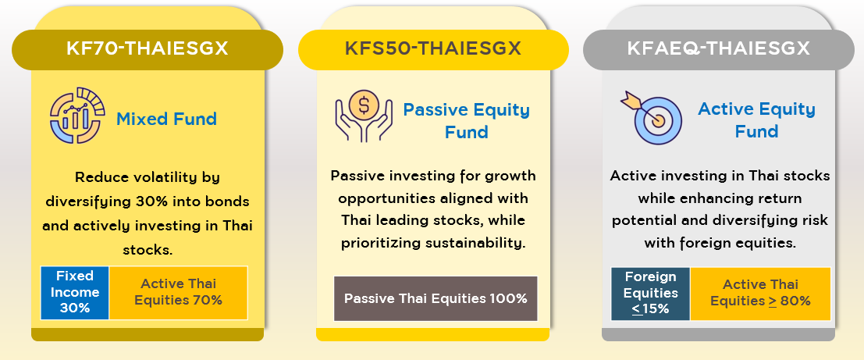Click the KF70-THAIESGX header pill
[x=148, y=50]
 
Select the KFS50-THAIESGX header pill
[x=433, y=50]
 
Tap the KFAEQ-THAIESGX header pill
[x=719, y=50]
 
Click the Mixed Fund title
[x=166, y=119]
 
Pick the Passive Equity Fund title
[x=466, y=121]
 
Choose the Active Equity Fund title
[x=756, y=120]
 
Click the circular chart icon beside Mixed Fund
[x=76, y=115]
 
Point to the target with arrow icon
[x=651, y=117]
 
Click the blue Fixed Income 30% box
[x=75, y=293]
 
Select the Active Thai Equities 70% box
[x=179, y=293]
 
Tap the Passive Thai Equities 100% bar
[x=436, y=298]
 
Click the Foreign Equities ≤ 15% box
[x=651, y=294]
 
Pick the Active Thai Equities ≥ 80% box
[x=760, y=294]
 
